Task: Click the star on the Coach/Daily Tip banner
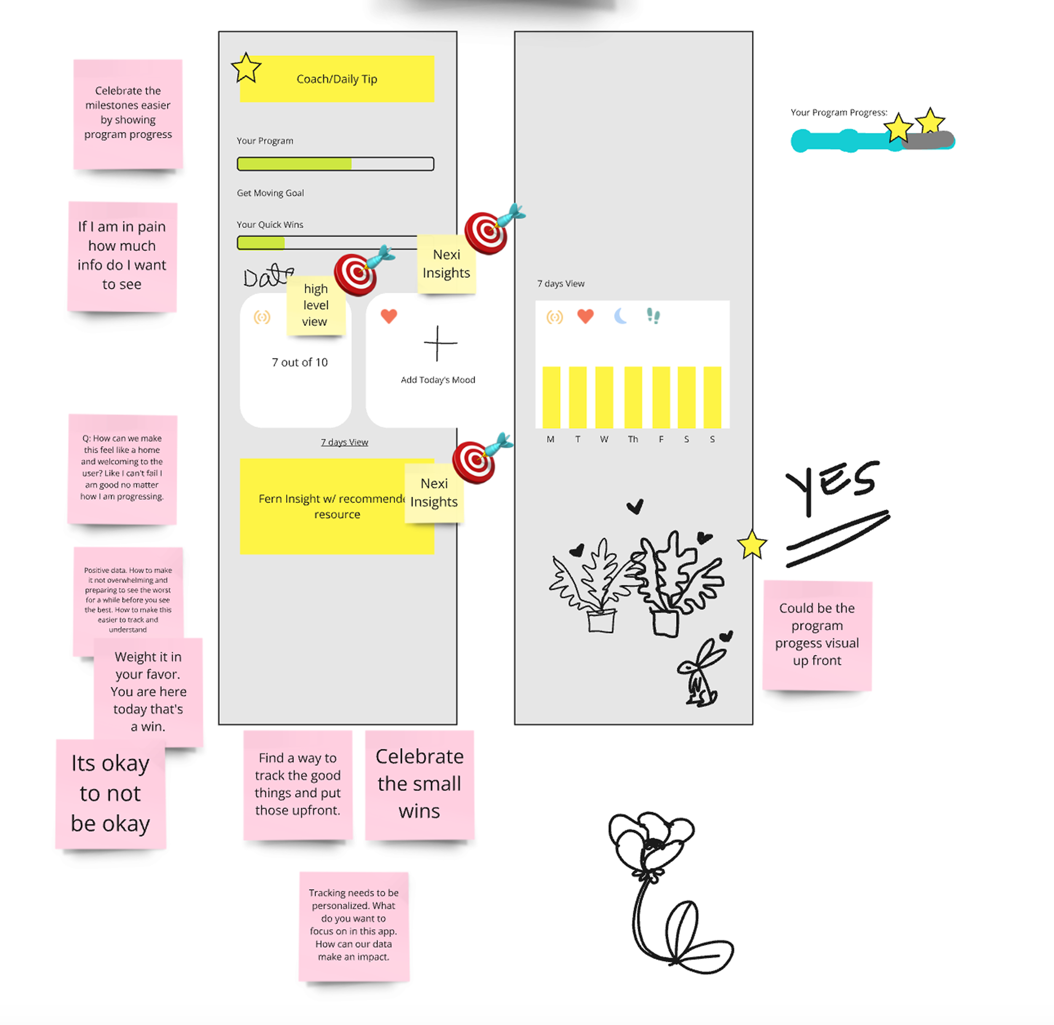pyautogui.click(x=246, y=68)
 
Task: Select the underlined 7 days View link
pyautogui.click(x=344, y=442)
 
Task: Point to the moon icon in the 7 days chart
pyautogui.click(x=621, y=316)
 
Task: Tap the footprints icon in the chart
pyautogui.click(x=653, y=315)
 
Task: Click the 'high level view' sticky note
pyautogui.click(x=315, y=305)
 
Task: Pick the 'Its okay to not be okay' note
pyautogui.click(x=110, y=794)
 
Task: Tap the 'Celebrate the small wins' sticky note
pyautogui.click(x=419, y=784)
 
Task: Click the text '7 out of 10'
pyautogui.click(x=300, y=362)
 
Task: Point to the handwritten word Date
pyautogui.click(x=268, y=276)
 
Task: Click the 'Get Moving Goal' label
pyautogui.click(x=270, y=193)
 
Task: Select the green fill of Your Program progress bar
pyautogui.click(x=294, y=164)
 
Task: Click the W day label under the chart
pyautogui.click(x=604, y=439)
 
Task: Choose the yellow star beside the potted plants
pyautogui.click(x=751, y=545)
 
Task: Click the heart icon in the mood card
pyautogui.click(x=389, y=316)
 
